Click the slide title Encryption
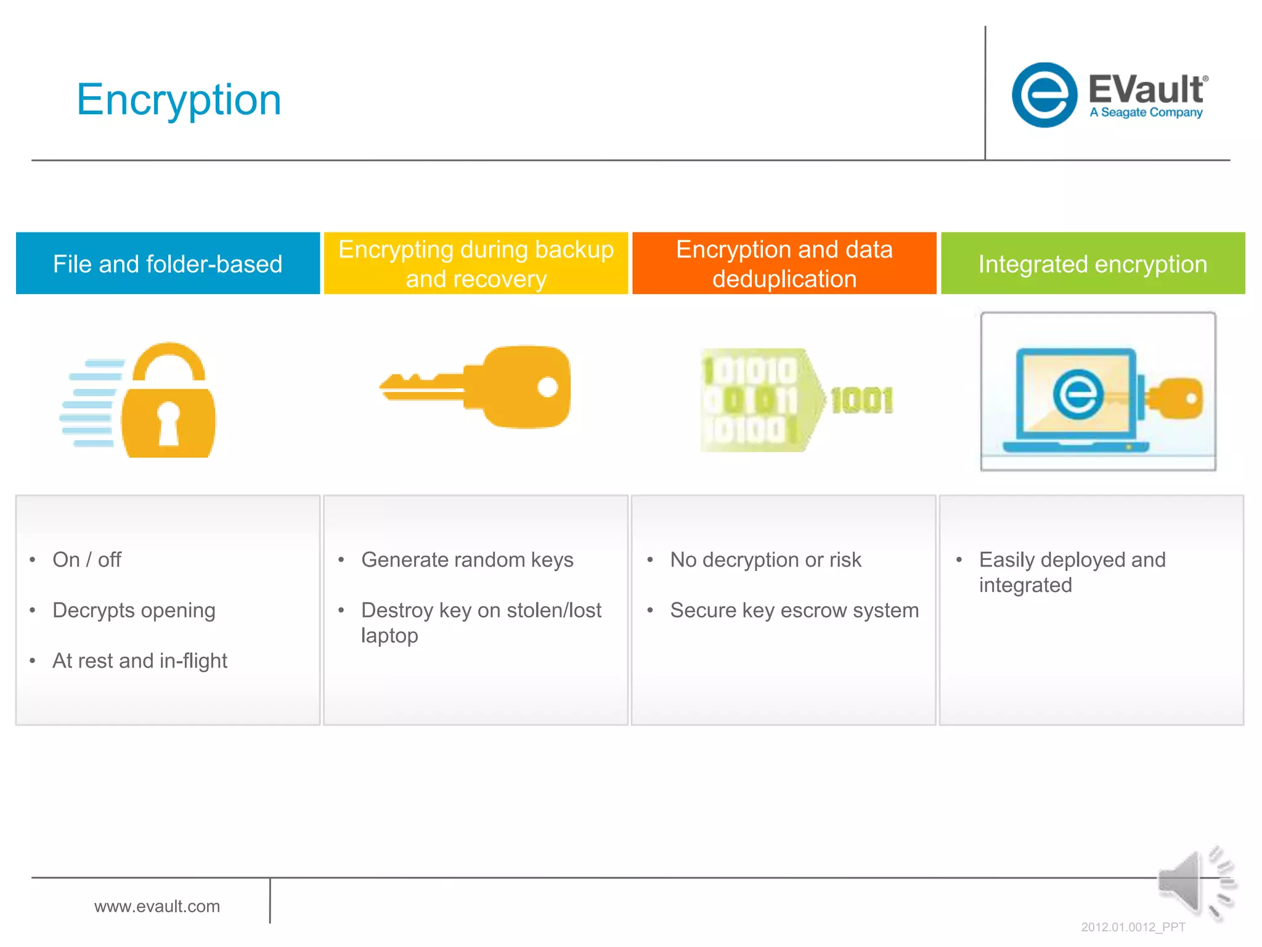click(x=179, y=100)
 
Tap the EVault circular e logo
click(x=1044, y=95)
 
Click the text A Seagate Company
click(x=1146, y=112)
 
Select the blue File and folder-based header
click(x=168, y=264)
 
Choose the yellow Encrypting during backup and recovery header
click(x=476, y=264)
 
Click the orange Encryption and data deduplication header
click(x=784, y=264)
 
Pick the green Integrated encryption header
click(x=1093, y=264)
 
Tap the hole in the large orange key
click(x=548, y=387)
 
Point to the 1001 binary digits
click(x=861, y=401)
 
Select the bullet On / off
click(x=87, y=560)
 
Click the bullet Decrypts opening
click(x=134, y=610)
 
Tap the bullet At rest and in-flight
click(x=140, y=661)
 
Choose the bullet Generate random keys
click(x=467, y=560)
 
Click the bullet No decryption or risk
click(x=765, y=560)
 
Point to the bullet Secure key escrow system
click(x=794, y=610)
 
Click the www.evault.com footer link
click(x=157, y=906)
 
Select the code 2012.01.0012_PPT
click(x=1133, y=927)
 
